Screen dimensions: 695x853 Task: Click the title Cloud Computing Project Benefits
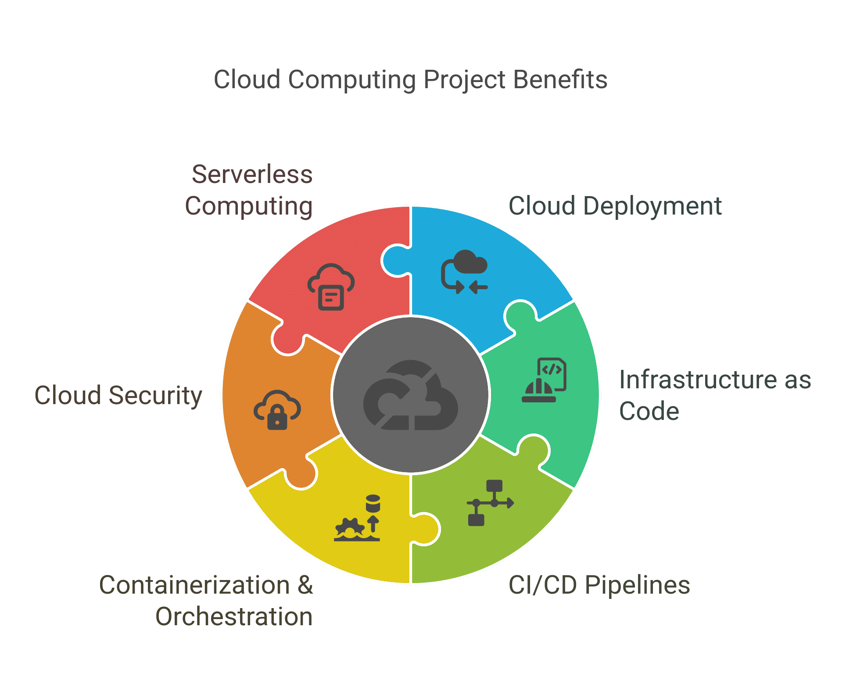[x=410, y=80]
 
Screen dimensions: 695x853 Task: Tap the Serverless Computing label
[x=249, y=190]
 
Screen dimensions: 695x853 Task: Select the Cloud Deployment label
[x=615, y=206]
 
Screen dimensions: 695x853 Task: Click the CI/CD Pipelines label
[x=599, y=585]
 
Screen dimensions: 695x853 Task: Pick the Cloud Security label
[x=118, y=395]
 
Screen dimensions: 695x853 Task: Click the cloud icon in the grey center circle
[x=410, y=395]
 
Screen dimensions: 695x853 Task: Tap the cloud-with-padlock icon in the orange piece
[x=277, y=410]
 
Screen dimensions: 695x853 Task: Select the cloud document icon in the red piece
[x=331, y=287]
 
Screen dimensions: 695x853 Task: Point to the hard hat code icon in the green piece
[x=544, y=380]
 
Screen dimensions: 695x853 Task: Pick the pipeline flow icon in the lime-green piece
[x=490, y=503]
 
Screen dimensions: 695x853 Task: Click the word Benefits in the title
[x=560, y=80]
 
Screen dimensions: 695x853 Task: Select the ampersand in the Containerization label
[x=305, y=585]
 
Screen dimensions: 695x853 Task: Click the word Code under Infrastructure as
[x=649, y=411]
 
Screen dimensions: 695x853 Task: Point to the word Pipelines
[x=638, y=585]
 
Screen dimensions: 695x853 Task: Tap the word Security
[x=155, y=395]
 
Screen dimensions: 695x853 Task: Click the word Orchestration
[x=234, y=616]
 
